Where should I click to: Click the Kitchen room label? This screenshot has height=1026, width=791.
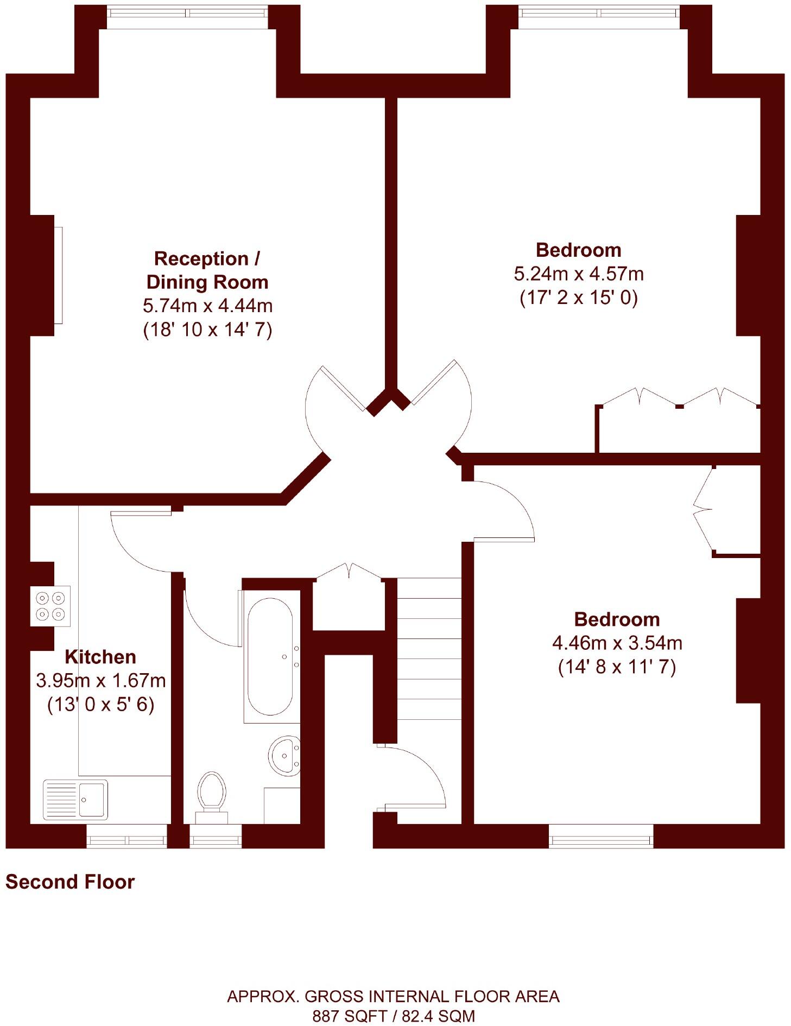click(x=100, y=657)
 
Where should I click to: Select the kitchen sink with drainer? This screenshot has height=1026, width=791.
click(x=75, y=800)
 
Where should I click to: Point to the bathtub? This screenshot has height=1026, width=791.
click(x=270, y=657)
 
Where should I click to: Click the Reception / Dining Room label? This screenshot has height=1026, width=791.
click(x=207, y=270)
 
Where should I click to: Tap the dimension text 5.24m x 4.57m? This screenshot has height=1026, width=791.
click(x=579, y=274)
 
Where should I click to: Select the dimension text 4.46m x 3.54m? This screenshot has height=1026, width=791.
click(x=617, y=643)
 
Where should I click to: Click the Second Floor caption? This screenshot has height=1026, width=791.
click(x=70, y=882)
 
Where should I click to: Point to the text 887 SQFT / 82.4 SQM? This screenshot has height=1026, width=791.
click(x=394, y=1016)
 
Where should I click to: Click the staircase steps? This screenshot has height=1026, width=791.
click(x=429, y=648)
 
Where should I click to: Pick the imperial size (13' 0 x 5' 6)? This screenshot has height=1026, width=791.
click(x=101, y=705)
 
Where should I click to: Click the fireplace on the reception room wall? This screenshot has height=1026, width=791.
click(x=58, y=275)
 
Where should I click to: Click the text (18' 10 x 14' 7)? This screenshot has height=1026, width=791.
click(x=207, y=330)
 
